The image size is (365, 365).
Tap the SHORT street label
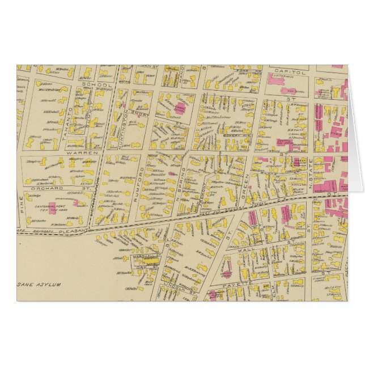click(139, 112)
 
